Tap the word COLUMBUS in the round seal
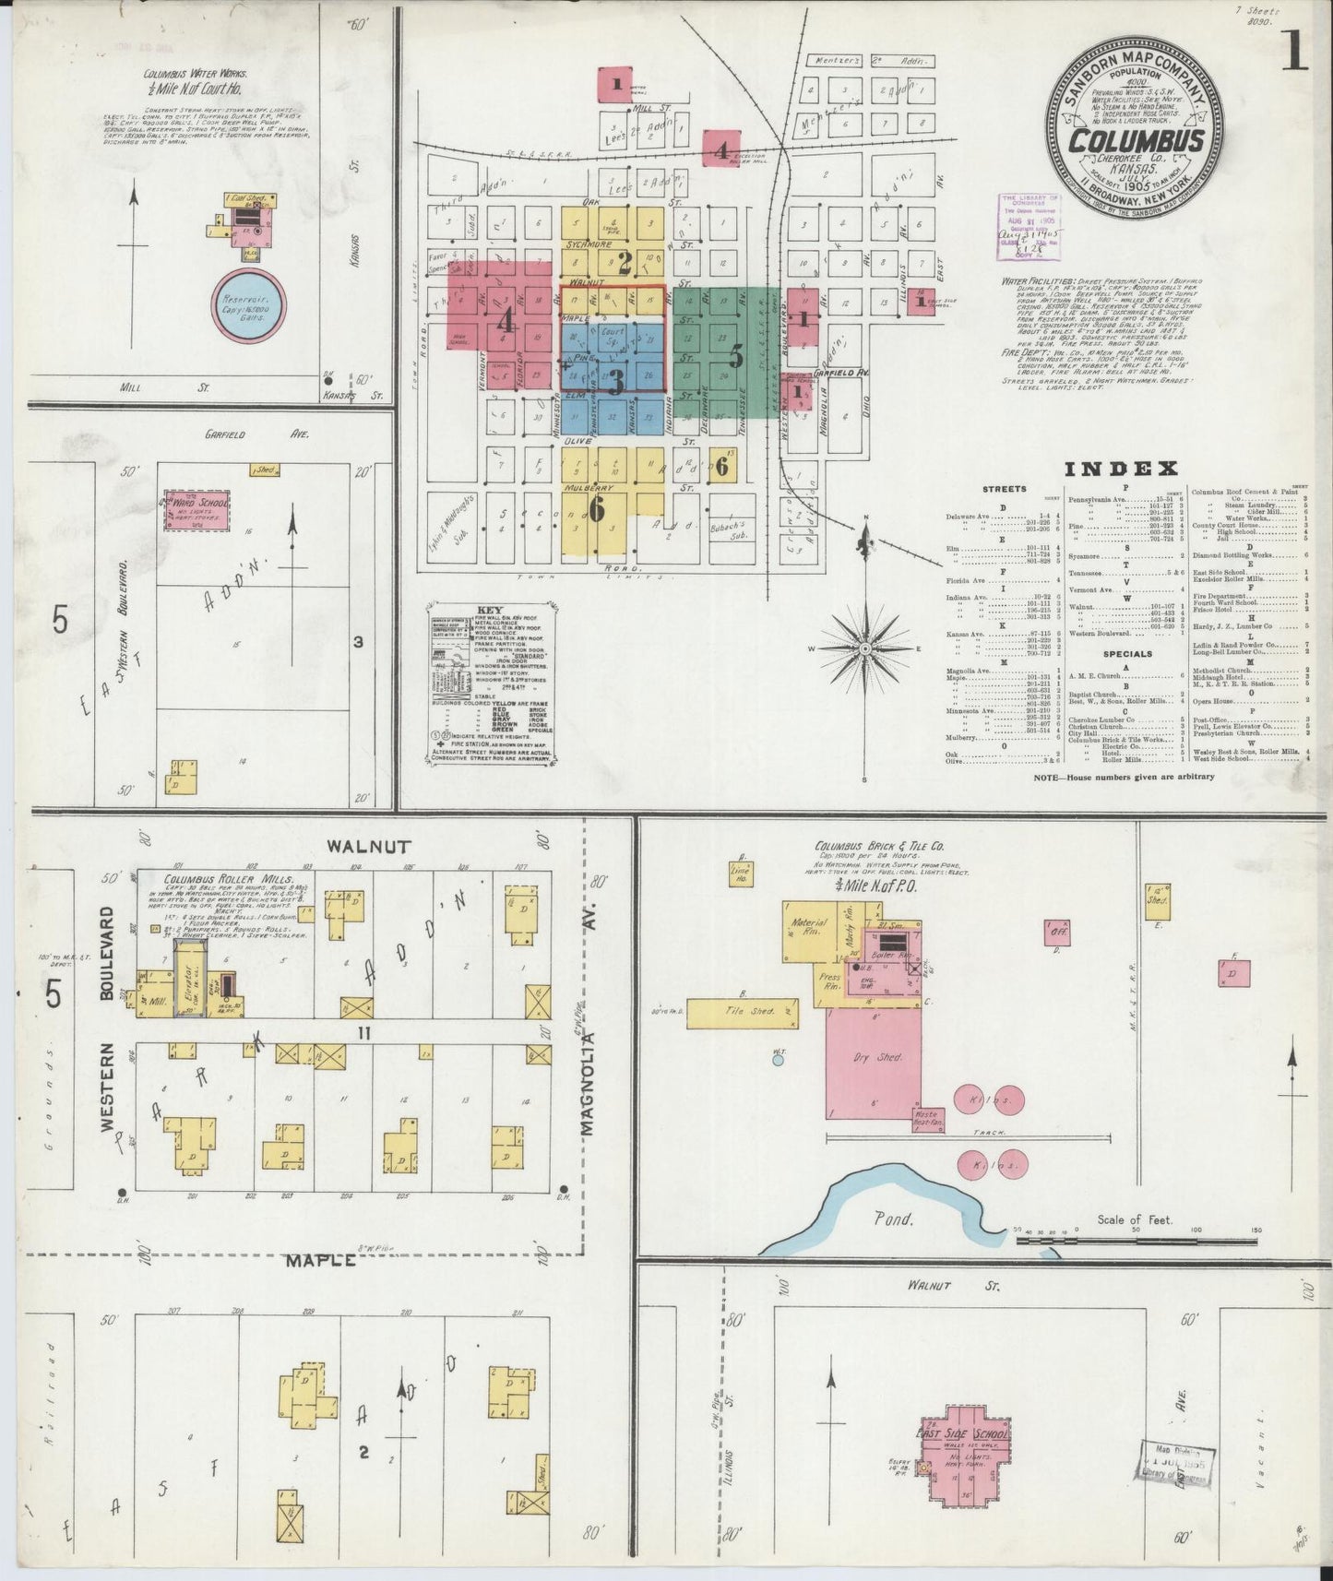(1136, 141)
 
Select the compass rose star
(865, 649)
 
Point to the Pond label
(894, 1218)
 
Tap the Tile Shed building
(743, 1012)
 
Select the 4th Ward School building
(196, 509)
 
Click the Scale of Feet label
(1134, 1219)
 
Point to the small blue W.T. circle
(778, 1060)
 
